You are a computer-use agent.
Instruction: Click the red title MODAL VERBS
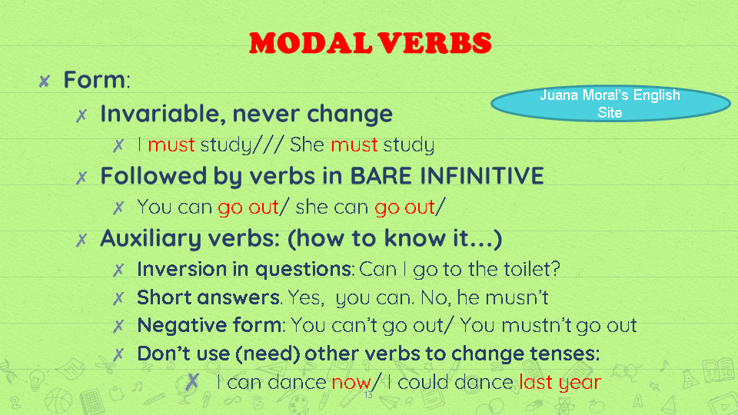point(370,43)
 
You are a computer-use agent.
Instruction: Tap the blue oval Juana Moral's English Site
point(610,104)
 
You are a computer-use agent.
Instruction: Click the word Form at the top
point(94,79)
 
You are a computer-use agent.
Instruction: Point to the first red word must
point(171,144)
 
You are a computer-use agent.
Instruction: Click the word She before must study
point(307,144)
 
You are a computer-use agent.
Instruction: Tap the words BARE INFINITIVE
point(447,176)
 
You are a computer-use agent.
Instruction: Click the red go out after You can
point(248,207)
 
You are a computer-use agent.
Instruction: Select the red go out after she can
point(404,207)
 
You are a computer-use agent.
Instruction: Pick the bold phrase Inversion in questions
point(244,270)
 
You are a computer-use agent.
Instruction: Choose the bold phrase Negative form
point(209,324)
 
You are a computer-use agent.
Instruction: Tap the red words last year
point(559,381)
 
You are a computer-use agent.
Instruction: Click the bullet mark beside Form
point(45,80)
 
